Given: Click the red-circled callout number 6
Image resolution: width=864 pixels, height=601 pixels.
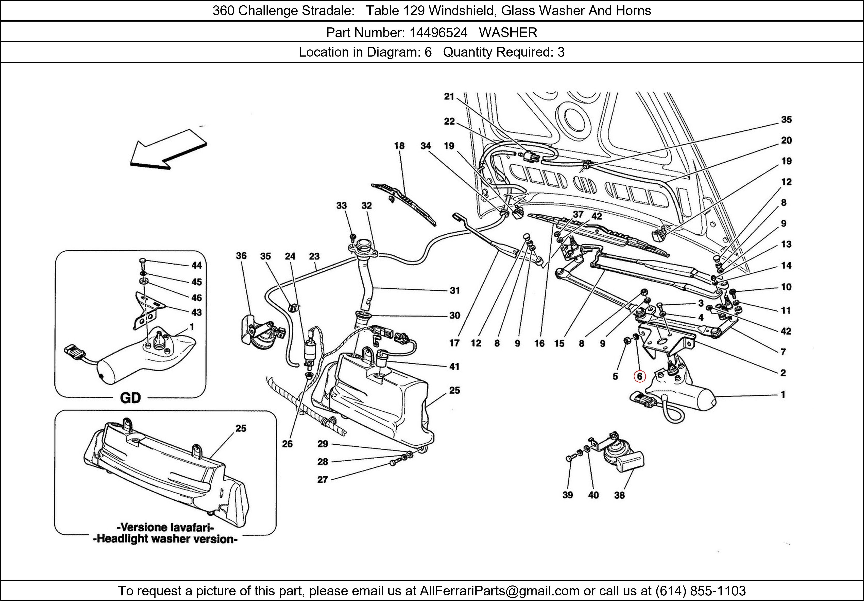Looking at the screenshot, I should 639,376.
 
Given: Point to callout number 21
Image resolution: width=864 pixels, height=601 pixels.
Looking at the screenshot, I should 449,97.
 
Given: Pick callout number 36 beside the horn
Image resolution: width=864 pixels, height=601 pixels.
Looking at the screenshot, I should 241,256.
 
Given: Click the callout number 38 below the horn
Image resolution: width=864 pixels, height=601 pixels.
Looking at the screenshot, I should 619,495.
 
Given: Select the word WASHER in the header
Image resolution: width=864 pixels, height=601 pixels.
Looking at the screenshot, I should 508,33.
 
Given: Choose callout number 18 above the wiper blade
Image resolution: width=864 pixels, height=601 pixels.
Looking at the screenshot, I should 399,146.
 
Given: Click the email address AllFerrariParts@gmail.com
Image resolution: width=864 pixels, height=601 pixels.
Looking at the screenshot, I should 499,591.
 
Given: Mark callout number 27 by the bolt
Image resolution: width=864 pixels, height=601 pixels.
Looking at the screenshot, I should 322,479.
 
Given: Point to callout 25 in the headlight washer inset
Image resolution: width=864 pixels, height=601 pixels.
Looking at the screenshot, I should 241,428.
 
